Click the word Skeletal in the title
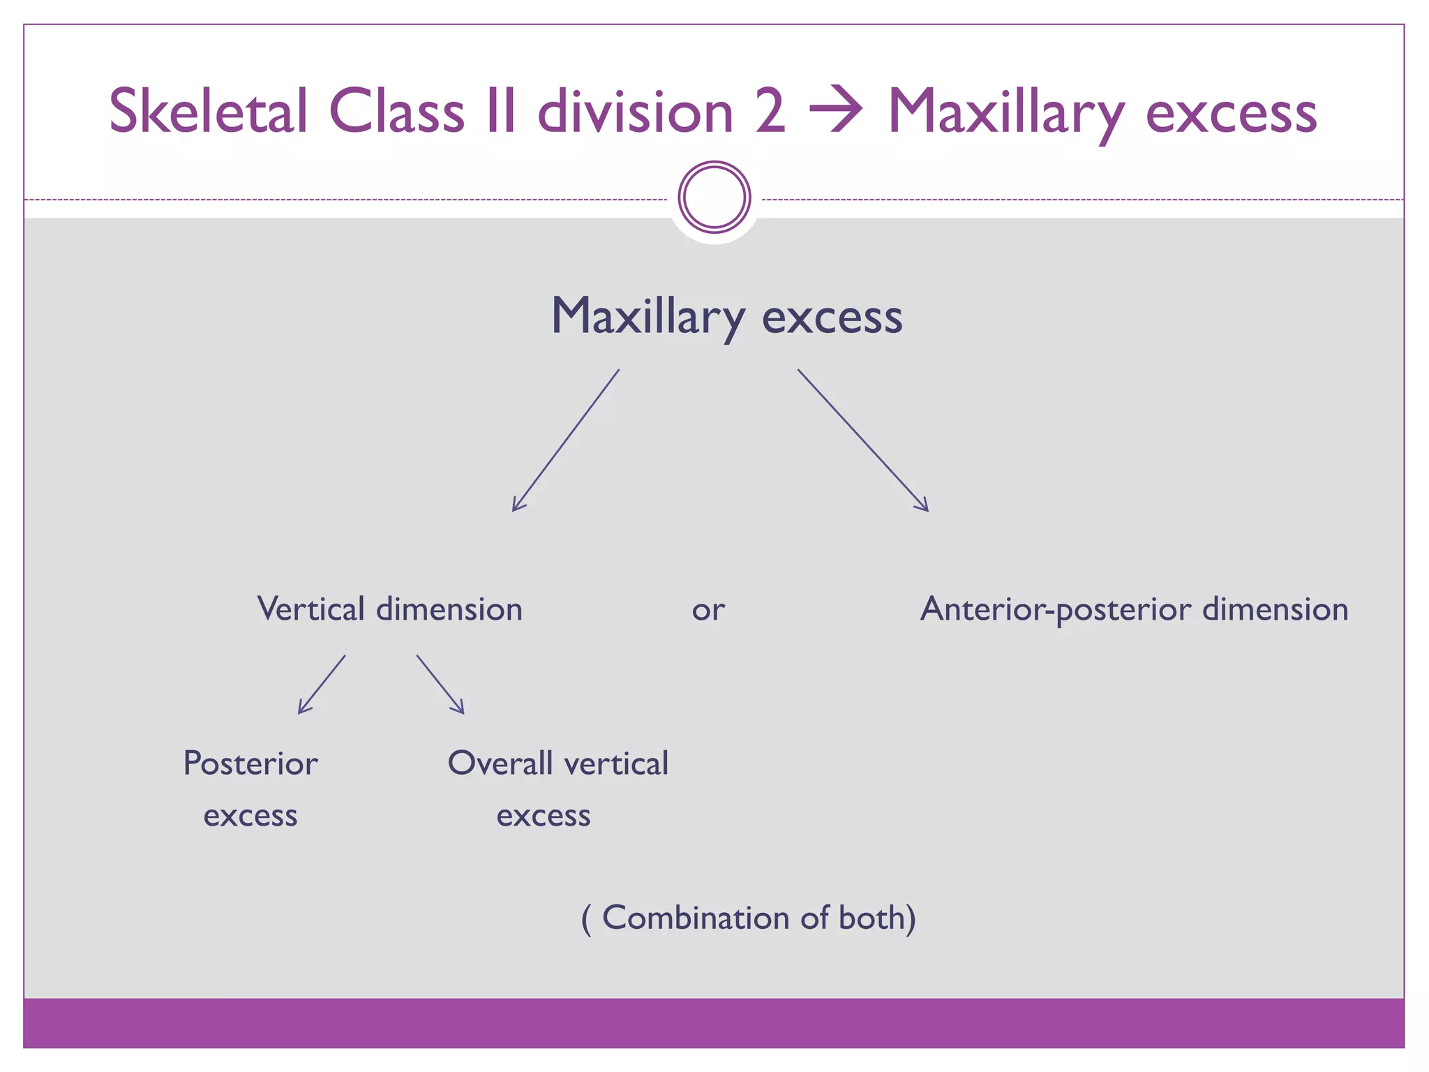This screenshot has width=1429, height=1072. click(x=208, y=112)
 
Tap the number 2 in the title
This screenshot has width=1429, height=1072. click(x=770, y=112)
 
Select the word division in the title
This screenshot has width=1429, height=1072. click(x=635, y=112)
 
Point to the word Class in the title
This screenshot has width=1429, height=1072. click(x=396, y=112)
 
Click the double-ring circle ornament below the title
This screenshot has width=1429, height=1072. click(x=714, y=198)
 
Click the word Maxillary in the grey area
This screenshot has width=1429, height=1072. click(x=648, y=318)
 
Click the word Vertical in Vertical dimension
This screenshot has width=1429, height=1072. click(x=311, y=609)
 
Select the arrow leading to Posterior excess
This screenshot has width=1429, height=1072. click(x=321, y=685)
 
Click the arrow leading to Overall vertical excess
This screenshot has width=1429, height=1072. click(x=440, y=685)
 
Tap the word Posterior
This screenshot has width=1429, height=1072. click(x=250, y=764)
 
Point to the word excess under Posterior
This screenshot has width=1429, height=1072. click(x=250, y=816)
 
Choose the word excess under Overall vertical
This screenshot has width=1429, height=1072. click(x=543, y=816)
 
